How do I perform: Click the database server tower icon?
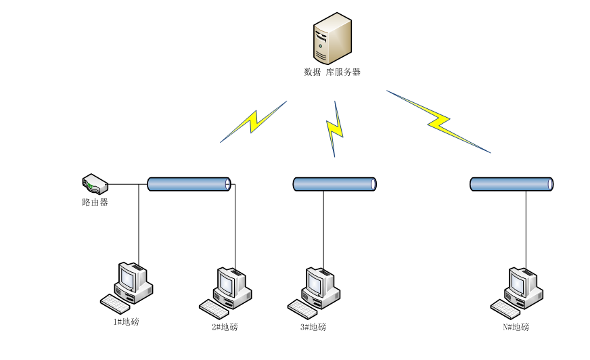point(332,39)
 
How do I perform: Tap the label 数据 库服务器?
point(332,72)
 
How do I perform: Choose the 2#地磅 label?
point(225,328)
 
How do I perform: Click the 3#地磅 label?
point(313,328)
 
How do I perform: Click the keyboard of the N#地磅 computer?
point(505,309)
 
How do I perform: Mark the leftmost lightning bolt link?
point(254,122)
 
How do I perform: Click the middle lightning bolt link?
point(334,129)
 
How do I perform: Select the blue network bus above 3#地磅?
point(334,184)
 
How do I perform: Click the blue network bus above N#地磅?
point(512,184)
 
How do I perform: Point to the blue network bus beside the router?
point(189,183)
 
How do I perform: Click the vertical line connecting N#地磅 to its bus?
point(526,227)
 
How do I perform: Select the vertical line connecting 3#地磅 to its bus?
point(323,227)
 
